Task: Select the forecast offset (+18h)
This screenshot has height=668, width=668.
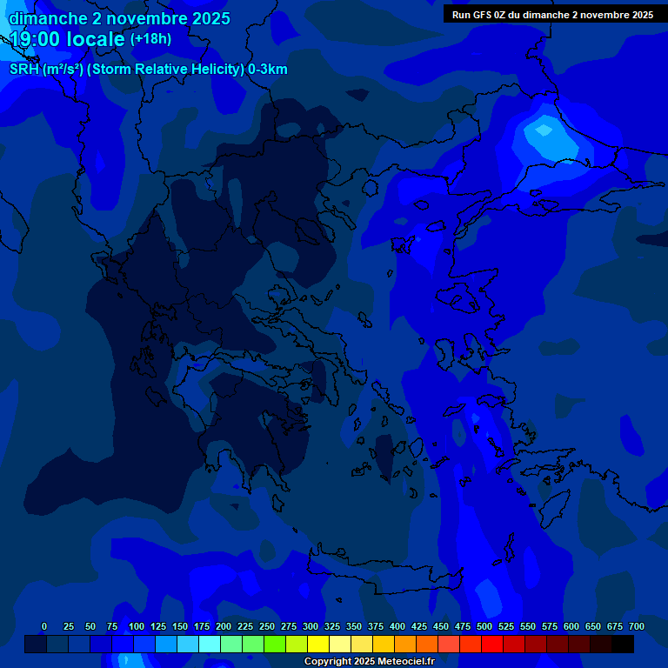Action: click(150, 39)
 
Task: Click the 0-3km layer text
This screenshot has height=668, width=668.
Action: click(268, 70)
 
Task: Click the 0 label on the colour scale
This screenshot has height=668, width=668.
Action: click(44, 626)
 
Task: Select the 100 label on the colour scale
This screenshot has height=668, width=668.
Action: click(137, 626)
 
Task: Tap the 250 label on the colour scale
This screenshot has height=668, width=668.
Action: click(267, 626)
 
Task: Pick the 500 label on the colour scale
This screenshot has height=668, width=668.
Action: click(484, 626)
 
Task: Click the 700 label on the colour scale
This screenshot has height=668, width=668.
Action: click(636, 626)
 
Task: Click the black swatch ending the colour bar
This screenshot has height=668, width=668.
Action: click(623, 644)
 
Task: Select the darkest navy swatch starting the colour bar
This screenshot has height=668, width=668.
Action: click(36, 644)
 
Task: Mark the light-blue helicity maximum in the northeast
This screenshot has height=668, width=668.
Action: click(544, 131)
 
